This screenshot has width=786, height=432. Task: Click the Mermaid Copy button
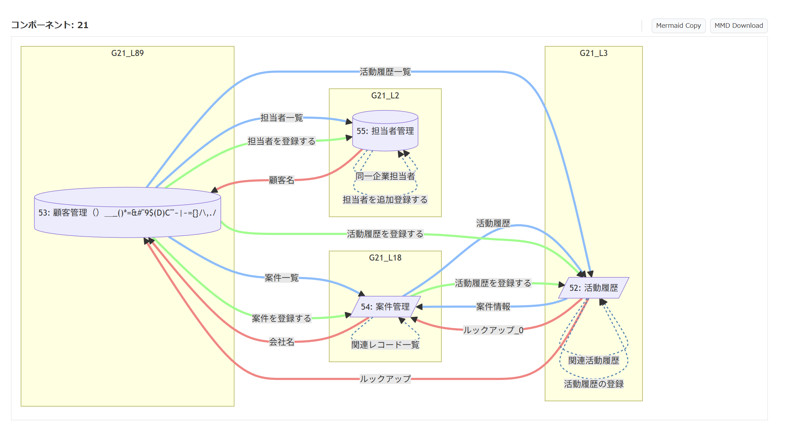pos(678,26)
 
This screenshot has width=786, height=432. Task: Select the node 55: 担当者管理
pos(385,131)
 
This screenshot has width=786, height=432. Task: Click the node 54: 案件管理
pos(385,307)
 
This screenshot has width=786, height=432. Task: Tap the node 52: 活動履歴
pos(593,288)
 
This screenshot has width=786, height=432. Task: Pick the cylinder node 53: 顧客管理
pos(127,213)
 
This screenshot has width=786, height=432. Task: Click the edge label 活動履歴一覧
pos(385,72)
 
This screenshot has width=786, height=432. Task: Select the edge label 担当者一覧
pos(281,118)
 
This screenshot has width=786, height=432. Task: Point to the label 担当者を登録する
pos(281,141)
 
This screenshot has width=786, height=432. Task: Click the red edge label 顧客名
pos(281,180)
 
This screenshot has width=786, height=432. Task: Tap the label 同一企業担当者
pos(385,176)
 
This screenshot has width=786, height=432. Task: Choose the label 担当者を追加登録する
pos(385,200)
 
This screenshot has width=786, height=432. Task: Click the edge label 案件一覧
pos(281,278)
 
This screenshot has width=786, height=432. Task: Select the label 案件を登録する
pos(281,318)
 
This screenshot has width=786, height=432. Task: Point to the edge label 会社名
pos(281,342)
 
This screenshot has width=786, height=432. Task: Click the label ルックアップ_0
pos(493,330)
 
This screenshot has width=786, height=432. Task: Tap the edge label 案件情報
pos(493,307)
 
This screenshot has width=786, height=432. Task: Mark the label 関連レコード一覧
pos(385,345)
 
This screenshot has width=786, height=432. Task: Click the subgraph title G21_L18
pos(385,258)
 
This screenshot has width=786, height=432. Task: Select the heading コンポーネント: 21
pos(50,25)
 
